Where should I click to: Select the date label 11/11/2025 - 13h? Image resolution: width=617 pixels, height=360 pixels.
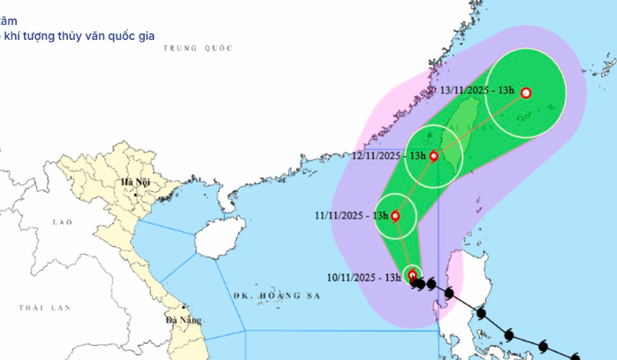[352, 215]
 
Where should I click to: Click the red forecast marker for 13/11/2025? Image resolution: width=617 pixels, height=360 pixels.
[527, 93]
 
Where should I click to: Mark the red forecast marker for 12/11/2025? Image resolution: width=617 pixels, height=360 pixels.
[434, 157]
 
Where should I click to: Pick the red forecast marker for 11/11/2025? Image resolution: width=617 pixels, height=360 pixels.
[395, 215]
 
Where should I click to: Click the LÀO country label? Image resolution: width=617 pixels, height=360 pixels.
[61, 220]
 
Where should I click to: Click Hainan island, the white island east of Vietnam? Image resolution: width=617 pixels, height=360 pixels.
[215, 239]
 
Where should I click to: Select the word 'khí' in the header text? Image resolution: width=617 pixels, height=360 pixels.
[14, 36]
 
